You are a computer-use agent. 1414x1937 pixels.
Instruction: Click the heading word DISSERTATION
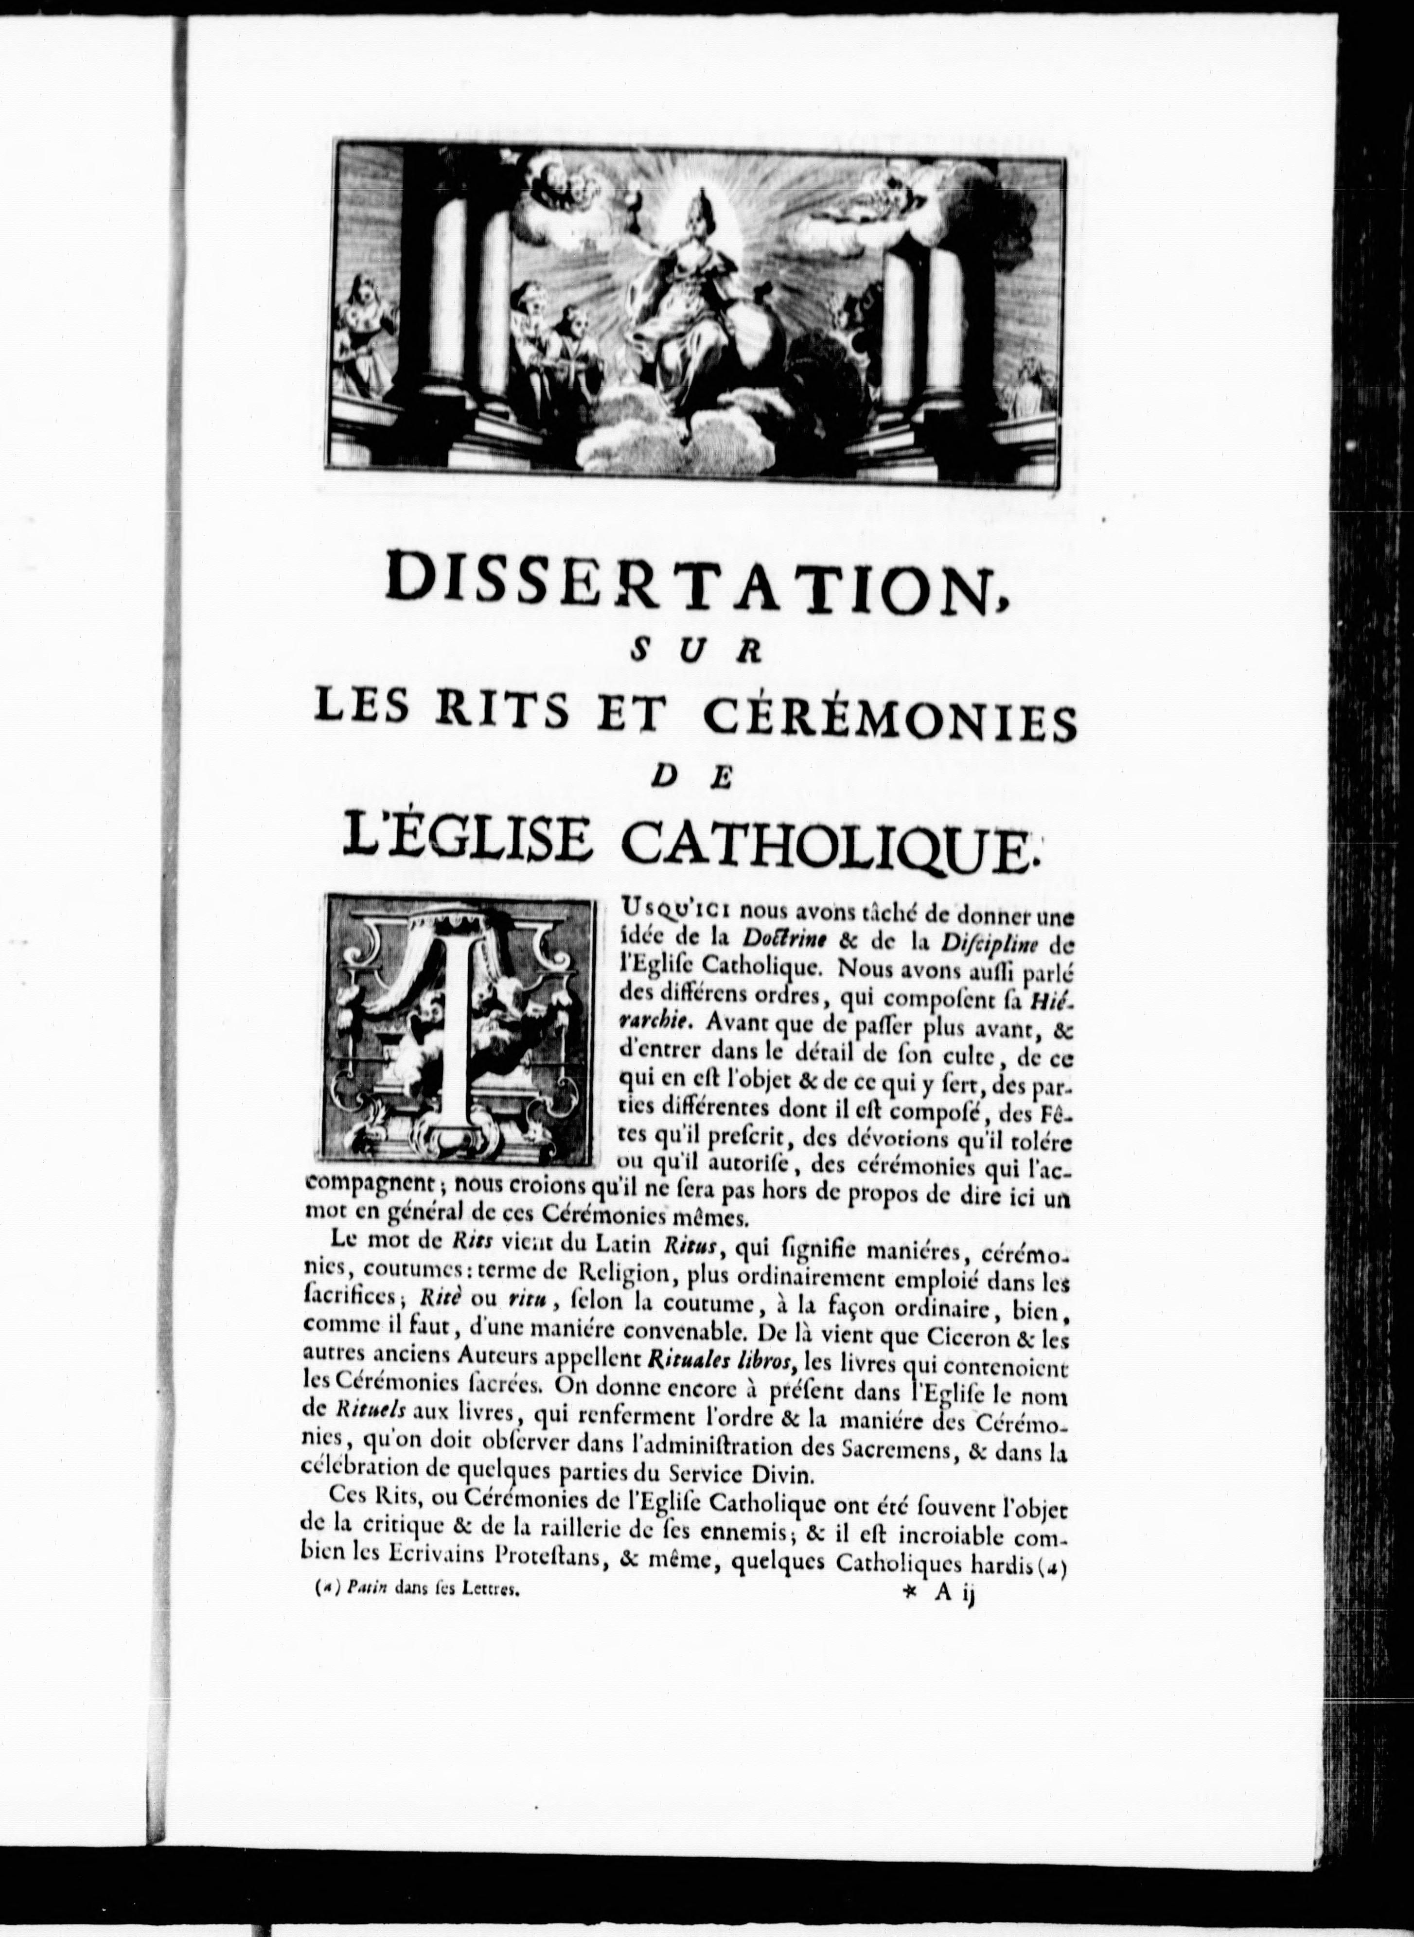tap(693, 582)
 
